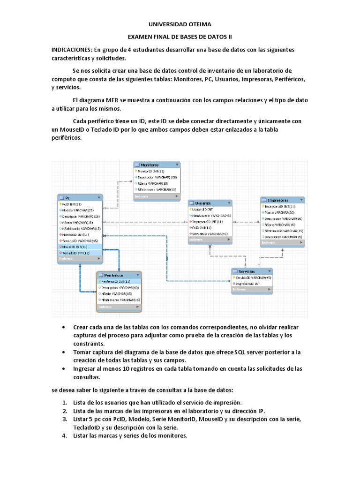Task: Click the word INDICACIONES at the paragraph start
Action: [72, 50]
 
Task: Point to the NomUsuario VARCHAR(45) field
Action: [211, 215]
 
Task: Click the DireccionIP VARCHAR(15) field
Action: [284, 237]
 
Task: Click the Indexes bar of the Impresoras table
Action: [282, 243]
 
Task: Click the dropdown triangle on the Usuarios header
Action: [228, 202]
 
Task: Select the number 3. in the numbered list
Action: [65, 419]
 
